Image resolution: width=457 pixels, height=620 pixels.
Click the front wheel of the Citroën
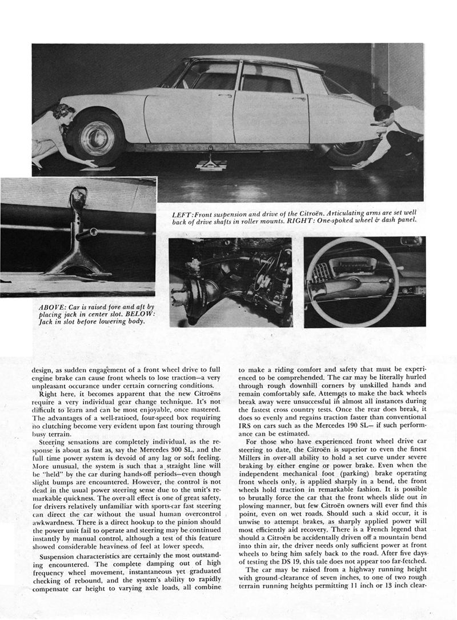click(98, 137)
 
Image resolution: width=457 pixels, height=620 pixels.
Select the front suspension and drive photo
click(230, 282)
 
